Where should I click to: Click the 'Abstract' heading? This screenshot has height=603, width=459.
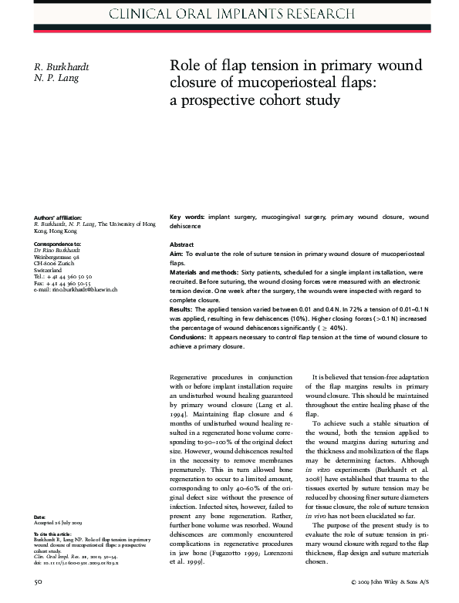pos(181,244)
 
